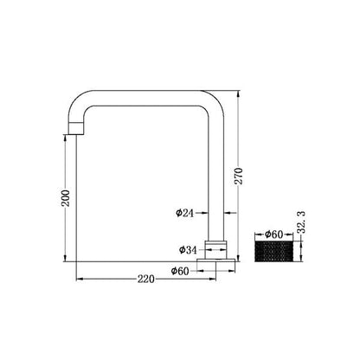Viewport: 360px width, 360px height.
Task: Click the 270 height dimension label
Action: [x=239, y=176]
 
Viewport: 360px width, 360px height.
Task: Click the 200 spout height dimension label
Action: [x=66, y=198]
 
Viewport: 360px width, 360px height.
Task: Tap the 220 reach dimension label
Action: [x=146, y=280]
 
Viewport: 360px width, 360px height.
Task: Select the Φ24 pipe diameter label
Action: [x=185, y=213]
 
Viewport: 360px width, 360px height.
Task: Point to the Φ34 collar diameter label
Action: [x=188, y=250]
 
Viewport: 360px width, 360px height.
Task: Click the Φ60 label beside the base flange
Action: [x=180, y=271]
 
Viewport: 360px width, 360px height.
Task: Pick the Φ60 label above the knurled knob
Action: [x=274, y=235]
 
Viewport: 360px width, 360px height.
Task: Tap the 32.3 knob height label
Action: [x=301, y=222]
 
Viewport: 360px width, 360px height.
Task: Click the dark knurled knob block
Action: [x=274, y=252]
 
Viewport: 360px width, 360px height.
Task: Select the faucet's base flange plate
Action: [x=215, y=260]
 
